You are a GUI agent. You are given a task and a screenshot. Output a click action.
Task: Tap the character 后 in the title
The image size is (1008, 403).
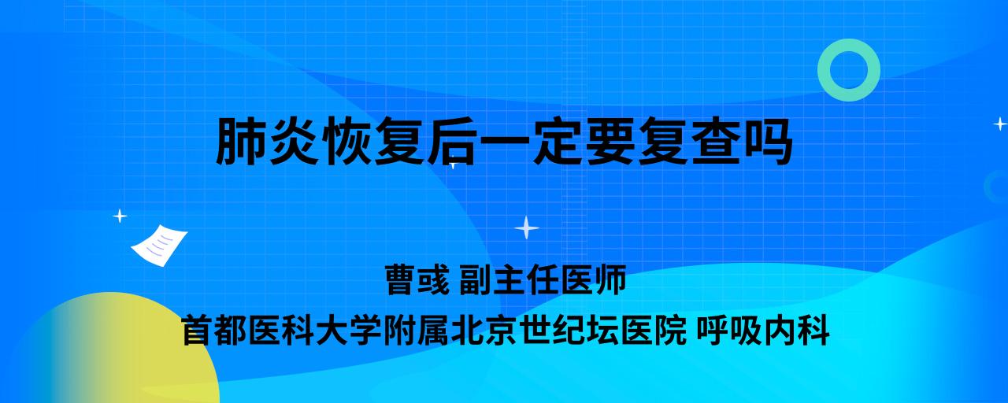pyautogui.click(x=452, y=141)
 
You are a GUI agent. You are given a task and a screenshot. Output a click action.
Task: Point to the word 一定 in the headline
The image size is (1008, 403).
pyautogui.click(x=532, y=141)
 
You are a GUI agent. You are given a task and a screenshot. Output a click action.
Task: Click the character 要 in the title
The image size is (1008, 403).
pyautogui.click(x=610, y=141)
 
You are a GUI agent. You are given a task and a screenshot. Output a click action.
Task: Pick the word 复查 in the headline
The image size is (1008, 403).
pyautogui.click(x=689, y=141)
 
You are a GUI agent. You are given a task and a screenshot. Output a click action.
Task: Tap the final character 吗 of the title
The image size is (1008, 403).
pyautogui.click(x=768, y=141)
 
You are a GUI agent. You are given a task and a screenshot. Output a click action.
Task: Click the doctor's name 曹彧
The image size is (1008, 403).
pyautogui.click(x=417, y=279)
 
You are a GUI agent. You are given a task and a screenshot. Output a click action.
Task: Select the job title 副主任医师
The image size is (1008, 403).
pyautogui.click(x=543, y=279)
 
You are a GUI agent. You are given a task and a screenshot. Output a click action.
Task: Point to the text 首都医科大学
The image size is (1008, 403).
pyautogui.click(x=282, y=331)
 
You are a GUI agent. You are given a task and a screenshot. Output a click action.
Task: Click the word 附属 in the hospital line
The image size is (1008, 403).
pyautogui.click(x=417, y=331)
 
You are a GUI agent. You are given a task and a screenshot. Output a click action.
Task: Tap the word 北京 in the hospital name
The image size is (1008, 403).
pyautogui.click(x=484, y=331)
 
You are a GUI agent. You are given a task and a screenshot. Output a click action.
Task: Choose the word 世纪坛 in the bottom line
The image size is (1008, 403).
pyautogui.click(x=569, y=331)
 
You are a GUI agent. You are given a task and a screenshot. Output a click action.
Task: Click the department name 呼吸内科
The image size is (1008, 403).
pyautogui.click(x=763, y=331)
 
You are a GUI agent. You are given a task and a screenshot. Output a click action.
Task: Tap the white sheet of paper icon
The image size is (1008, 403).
pyautogui.click(x=159, y=246)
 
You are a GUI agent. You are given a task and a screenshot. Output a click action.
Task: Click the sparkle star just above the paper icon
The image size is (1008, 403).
pyautogui.click(x=120, y=216)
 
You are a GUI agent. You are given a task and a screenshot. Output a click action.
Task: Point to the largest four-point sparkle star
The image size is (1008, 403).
pyautogui.click(x=527, y=227)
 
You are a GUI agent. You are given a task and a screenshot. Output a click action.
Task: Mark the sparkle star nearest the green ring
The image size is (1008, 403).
pyautogui.click(x=1000, y=124)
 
